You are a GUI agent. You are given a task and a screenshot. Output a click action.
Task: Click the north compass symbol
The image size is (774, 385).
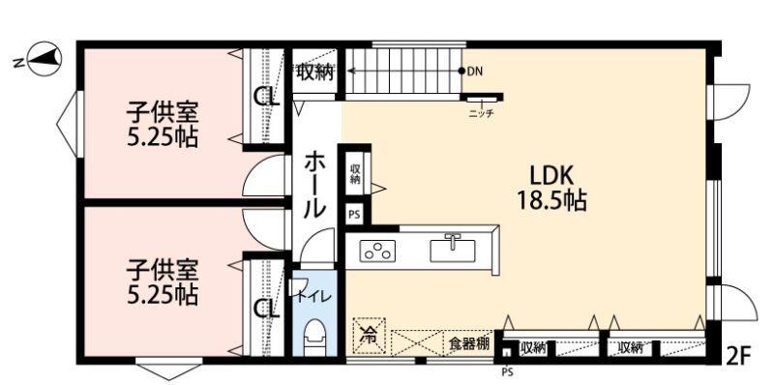[x=45, y=59]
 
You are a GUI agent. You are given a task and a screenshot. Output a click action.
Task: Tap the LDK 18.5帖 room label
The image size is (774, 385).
[x=551, y=188]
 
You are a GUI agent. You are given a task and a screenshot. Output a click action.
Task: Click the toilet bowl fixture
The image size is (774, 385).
[x=315, y=338]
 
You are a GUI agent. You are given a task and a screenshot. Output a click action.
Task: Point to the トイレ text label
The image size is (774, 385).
[x=311, y=297]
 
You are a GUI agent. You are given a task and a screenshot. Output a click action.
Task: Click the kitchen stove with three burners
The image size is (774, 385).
[x=378, y=250]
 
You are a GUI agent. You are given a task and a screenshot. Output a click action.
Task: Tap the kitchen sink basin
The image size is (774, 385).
[x=452, y=250]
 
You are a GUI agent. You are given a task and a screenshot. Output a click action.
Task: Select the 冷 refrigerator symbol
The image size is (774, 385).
[x=368, y=335]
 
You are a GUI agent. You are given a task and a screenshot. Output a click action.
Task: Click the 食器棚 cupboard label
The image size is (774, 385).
[x=469, y=344]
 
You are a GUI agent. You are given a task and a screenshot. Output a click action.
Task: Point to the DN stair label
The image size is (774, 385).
[x=474, y=71]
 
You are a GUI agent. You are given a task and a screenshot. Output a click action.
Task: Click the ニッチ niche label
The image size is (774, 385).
[x=481, y=113]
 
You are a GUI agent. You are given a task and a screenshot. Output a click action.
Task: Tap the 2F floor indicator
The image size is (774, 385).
[x=739, y=355]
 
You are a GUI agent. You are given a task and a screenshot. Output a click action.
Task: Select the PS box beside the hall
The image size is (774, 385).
[x=354, y=214]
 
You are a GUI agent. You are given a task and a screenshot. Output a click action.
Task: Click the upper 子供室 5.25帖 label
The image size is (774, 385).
[x=162, y=126]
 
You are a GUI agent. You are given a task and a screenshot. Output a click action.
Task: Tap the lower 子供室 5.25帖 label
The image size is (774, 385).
[x=162, y=282]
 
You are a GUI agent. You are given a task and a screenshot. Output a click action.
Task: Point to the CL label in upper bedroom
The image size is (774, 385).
[x=267, y=97]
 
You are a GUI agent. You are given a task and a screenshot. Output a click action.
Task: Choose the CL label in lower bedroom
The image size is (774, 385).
[x=267, y=310]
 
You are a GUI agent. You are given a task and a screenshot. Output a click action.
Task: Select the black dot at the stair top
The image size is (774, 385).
[x=461, y=71]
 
